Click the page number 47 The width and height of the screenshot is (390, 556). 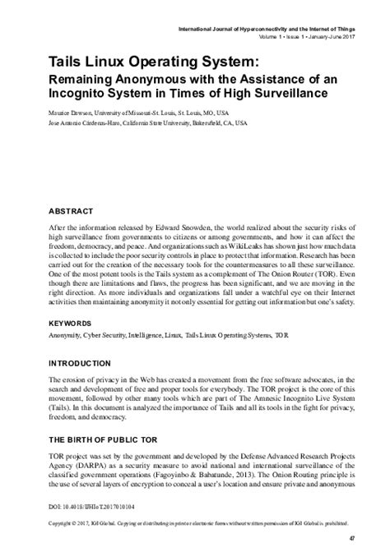click(x=352, y=538)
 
